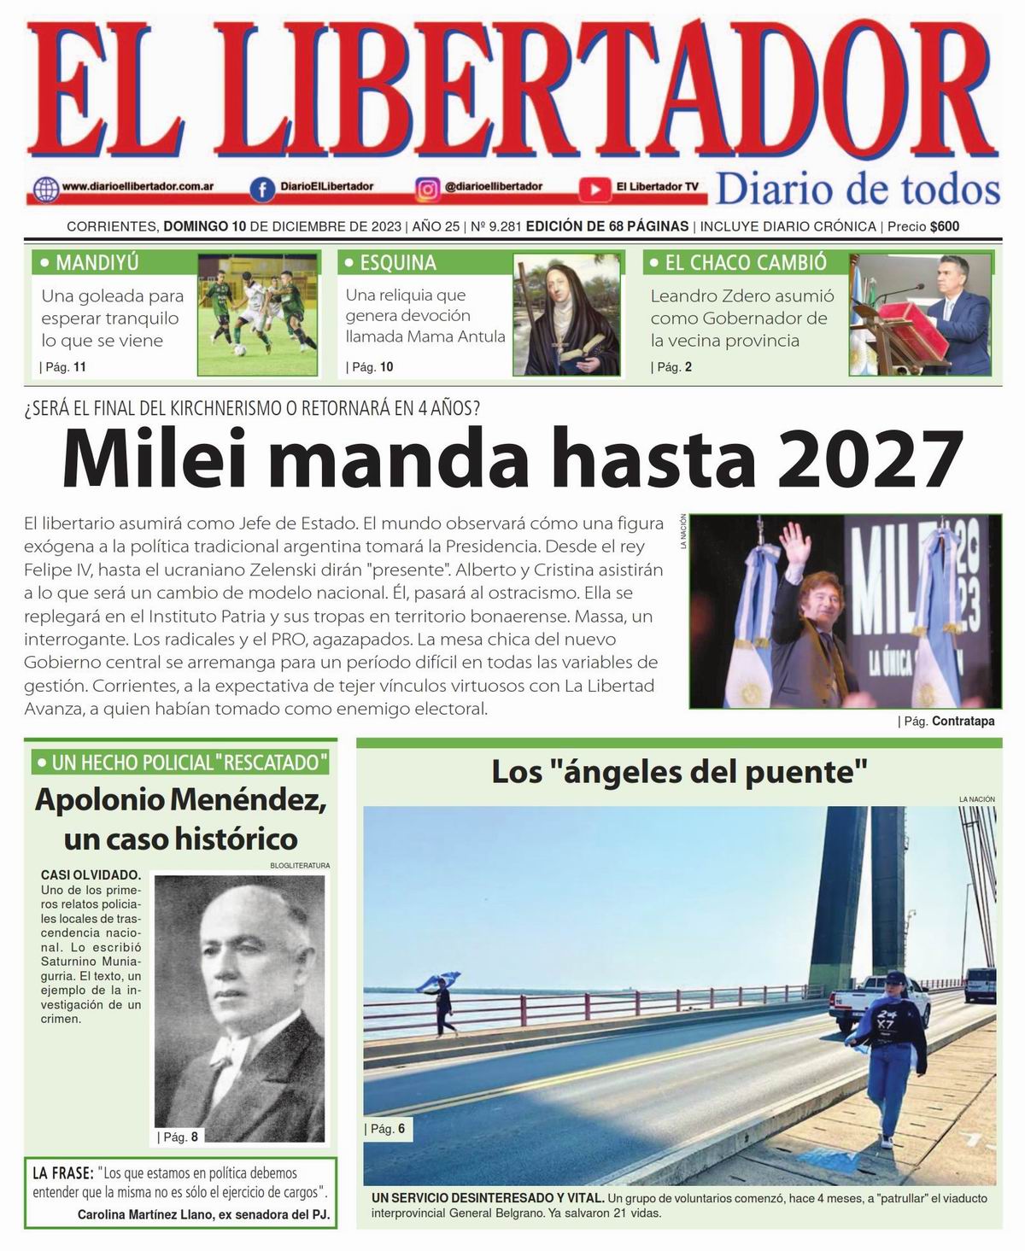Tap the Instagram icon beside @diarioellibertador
(x=427, y=187)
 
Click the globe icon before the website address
(x=44, y=187)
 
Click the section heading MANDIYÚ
(x=97, y=263)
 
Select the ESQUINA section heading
(x=398, y=263)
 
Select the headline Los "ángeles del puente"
(x=679, y=773)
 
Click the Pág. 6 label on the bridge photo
(x=388, y=1129)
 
